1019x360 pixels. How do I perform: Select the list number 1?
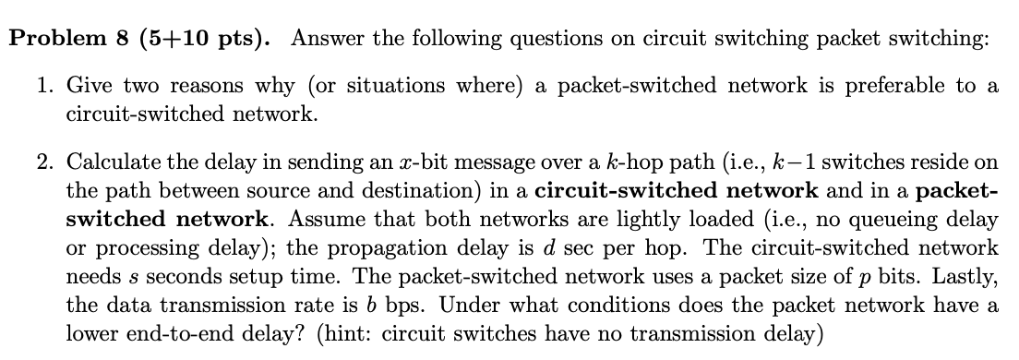pyautogui.click(x=44, y=86)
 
